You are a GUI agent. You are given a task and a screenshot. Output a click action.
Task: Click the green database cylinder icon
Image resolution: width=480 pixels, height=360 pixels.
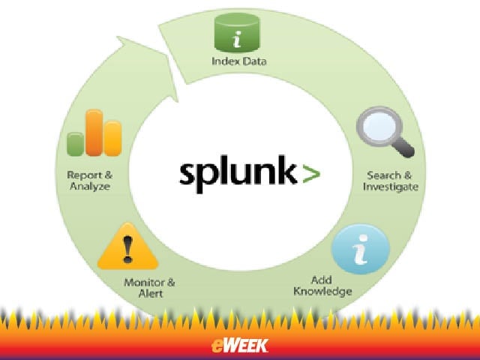coord(237,33)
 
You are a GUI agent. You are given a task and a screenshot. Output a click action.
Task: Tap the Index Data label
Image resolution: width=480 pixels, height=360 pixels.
coord(239,61)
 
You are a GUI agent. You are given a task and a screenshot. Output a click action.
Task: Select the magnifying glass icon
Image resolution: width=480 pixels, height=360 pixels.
coord(385,132)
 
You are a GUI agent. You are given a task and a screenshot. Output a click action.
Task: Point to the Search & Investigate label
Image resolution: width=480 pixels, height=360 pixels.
coord(390,181)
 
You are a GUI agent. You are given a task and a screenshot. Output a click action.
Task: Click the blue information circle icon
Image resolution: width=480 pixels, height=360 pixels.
coord(361,249)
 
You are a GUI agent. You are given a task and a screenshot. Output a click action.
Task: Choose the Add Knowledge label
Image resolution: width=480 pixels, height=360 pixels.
coord(322,286)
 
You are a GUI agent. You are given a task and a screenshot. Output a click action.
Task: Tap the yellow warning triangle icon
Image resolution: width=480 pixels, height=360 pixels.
coord(127,247)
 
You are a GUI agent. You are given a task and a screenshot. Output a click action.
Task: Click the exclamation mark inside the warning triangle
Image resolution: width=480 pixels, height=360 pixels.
coord(127,250)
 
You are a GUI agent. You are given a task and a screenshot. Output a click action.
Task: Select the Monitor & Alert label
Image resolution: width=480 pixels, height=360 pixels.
coord(150,288)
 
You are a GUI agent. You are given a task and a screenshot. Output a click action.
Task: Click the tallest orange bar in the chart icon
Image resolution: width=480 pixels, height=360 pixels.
coord(94,133)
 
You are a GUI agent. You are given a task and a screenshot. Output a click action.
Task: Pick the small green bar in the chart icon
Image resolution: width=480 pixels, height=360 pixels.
coord(75,144)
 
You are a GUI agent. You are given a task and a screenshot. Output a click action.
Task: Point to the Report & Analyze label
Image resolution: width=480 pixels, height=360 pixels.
coord(90,181)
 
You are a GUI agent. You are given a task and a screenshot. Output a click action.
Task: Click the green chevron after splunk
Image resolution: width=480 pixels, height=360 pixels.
coord(311,173)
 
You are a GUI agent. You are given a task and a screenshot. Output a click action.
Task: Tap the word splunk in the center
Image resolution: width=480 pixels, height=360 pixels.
coord(238,173)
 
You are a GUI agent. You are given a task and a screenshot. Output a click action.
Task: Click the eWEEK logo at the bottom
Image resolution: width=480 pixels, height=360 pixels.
coord(240,346)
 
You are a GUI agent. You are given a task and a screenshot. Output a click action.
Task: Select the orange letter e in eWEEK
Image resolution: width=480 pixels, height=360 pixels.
coord(217,346)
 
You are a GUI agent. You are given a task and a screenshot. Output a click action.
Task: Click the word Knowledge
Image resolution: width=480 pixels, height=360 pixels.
coord(322,291)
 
